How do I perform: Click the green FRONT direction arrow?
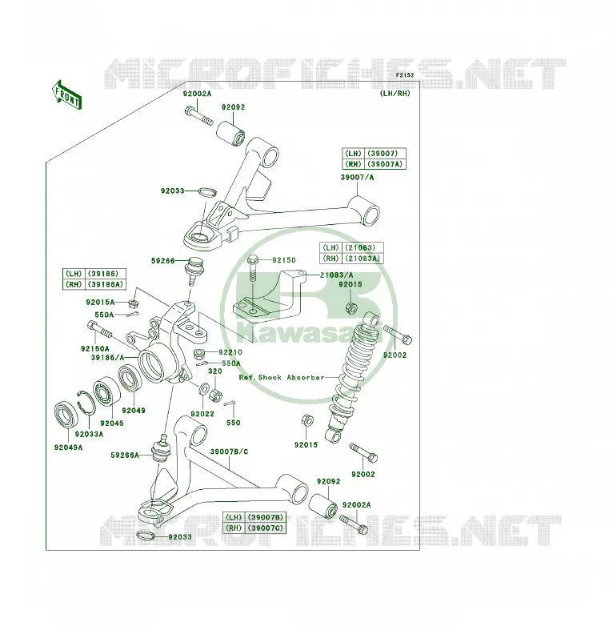point(66,95)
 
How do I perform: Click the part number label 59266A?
point(125,455)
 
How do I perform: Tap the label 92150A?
point(95,349)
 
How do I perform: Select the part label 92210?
point(230,352)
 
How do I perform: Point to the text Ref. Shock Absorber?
point(282,377)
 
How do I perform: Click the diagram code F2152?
point(405,75)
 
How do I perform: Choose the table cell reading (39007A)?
point(385,164)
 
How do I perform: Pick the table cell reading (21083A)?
point(363,259)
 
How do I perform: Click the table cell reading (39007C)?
point(266,528)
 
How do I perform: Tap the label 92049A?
point(68,447)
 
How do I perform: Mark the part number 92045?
point(112,423)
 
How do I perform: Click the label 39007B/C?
point(229,451)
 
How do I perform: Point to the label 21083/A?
point(336,275)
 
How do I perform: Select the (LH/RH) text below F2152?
point(395,94)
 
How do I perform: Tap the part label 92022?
point(202,414)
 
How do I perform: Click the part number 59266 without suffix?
point(162,261)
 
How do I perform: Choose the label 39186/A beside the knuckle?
point(108,358)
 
